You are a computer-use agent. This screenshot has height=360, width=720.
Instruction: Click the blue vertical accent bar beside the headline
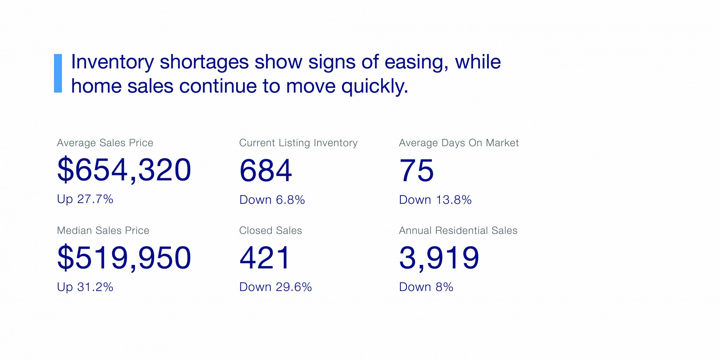[x=58, y=73]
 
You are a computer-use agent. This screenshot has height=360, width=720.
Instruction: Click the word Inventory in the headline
[x=112, y=62]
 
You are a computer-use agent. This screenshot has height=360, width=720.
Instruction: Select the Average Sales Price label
[x=105, y=143]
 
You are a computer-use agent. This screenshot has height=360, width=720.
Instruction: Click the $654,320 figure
[x=124, y=170]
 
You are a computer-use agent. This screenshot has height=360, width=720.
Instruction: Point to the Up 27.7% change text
[x=85, y=199]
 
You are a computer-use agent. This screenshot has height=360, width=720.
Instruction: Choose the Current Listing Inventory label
[x=298, y=143]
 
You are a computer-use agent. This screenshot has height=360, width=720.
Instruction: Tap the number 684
[x=266, y=171]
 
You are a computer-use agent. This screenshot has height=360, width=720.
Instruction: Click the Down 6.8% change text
[x=272, y=200]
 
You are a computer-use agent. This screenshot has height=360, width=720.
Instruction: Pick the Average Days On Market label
[x=459, y=143]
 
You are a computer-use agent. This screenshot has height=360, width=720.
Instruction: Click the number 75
[x=417, y=171]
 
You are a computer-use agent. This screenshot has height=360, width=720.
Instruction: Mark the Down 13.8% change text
[x=435, y=200]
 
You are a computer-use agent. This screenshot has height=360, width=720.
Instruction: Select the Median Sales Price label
[x=103, y=230]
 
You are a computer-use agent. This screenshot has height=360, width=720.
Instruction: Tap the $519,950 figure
[x=124, y=258]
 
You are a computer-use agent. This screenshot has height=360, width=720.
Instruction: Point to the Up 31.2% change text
[x=85, y=287]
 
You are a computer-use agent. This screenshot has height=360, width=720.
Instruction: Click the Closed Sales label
[x=270, y=230]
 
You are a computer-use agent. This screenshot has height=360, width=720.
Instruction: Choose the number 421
[x=265, y=258]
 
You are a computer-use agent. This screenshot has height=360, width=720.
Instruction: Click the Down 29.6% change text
[x=275, y=287]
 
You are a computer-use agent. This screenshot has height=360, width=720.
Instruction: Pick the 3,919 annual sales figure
[x=439, y=258]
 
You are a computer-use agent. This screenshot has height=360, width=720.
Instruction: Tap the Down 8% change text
[x=426, y=287]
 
